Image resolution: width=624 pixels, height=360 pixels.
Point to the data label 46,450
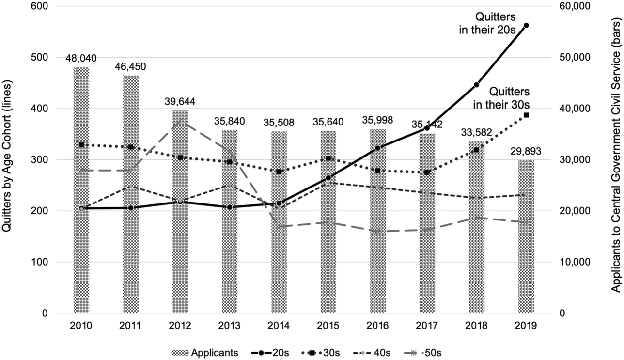pos(131,66)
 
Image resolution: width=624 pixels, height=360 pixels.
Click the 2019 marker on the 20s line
pos(526,25)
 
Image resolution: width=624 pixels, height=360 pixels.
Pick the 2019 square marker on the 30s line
pos(526,115)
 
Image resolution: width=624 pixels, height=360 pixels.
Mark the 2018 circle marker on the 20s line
pos(477,85)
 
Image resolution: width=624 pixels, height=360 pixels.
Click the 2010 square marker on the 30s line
pos(81,145)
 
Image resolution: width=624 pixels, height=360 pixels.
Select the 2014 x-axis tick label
pos(279,326)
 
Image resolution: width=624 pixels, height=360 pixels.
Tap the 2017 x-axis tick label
pos(427,326)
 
